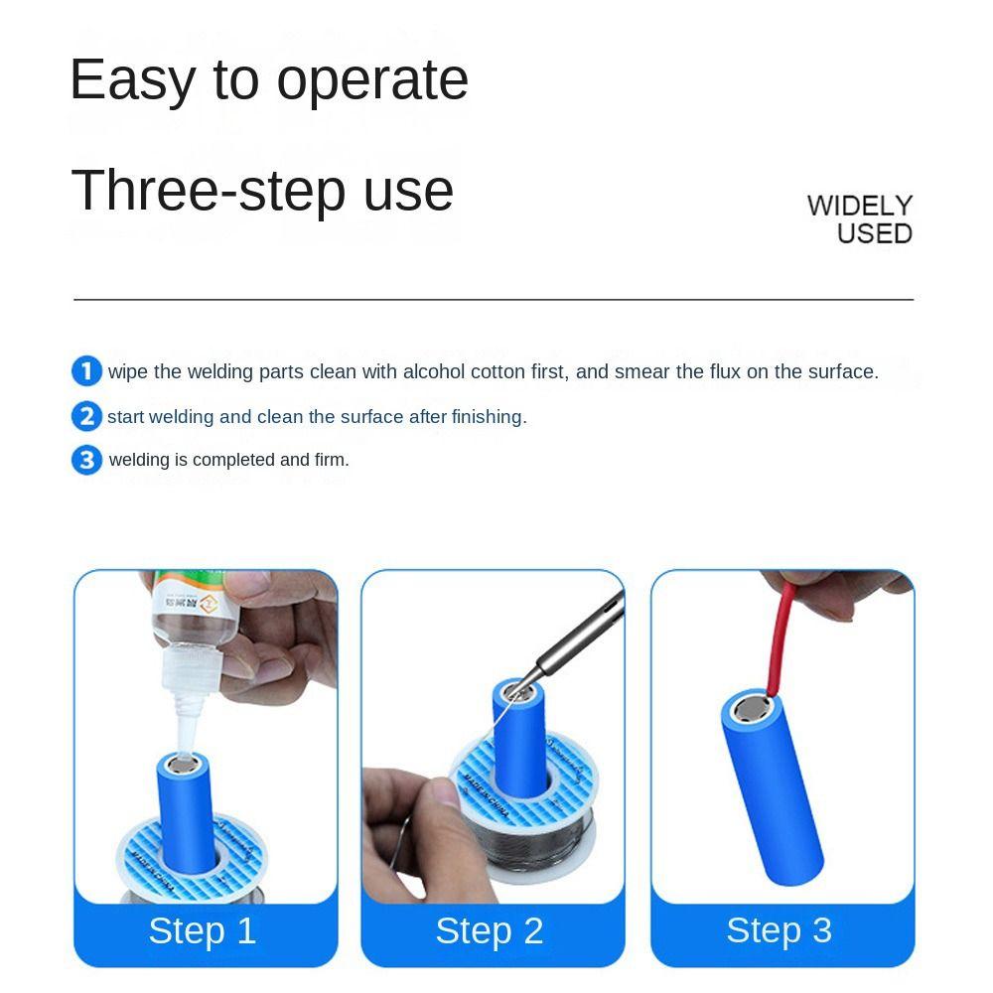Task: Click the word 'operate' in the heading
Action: [372, 81]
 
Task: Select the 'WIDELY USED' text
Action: [860, 219]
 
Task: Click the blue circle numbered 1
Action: [86, 371]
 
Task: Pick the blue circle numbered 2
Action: [86, 416]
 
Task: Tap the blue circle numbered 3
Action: [86, 460]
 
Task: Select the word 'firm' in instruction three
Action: [331, 460]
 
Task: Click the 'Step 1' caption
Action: [203, 931]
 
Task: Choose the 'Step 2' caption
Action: [490, 931]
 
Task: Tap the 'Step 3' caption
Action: [779, 930]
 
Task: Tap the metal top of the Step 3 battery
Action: [750, 710]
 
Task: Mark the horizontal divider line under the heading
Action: [494, 299]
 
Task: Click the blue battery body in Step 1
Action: [186, 824]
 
